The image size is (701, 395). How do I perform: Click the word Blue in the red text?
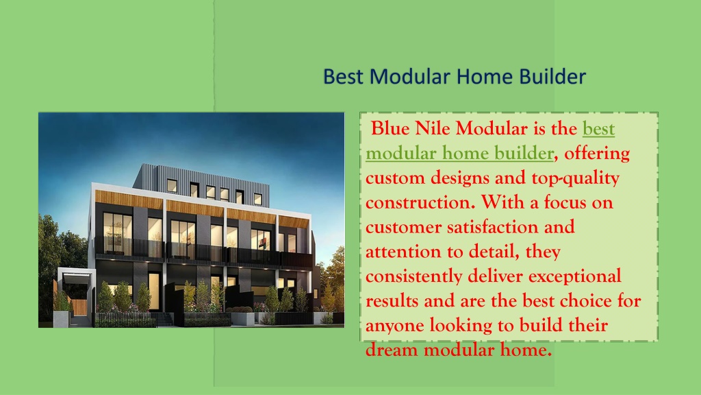pyautogui.click(x=390, y=128)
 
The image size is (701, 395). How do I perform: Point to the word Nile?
pyautogui.click(x=433, y=128)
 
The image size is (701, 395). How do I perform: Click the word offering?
pyautogui.click(x=597, y=154)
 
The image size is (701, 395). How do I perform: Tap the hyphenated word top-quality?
pyautogui.click(x=575, y=179)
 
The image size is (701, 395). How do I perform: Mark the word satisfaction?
pyautogui.click(x=493, y=227)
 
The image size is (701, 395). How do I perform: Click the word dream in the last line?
pyautogui.click(x=392, y=350)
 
